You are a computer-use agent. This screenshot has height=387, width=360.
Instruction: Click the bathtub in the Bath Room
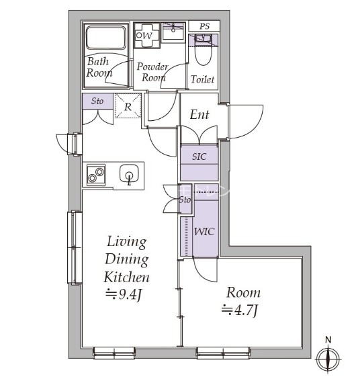pyautogui.click(x=105, y=38)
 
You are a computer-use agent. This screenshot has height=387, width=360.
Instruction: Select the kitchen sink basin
pyautogui.click(x=129, y=173)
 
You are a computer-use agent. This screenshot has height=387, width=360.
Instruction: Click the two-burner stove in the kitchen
pyautogui.click(x=96, y=175)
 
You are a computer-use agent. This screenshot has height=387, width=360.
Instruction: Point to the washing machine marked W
pyautogui.click(x=147, y=36)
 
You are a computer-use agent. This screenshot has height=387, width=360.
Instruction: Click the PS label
pyautogui.click(x=205, y=26)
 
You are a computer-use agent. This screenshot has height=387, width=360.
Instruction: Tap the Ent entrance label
pyautogui.click(x=199, y=114)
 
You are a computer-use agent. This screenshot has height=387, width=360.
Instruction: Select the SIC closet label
pyautogui.click(x=199, y=157)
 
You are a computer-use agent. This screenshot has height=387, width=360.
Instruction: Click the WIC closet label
pyautogui.click(x=204, y=232)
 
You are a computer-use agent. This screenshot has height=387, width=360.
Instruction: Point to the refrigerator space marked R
pyautogui.click(x=128, y=107)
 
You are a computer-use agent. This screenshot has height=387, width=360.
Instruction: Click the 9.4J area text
pyautogui.click(x=124, y=294)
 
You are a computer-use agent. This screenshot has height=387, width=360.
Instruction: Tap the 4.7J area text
pyautogui.click(x=240, y=310)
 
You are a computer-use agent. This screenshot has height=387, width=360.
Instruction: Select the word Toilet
pyautogui.click(x=202, y=79)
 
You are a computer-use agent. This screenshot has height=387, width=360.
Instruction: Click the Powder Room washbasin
pyautogui.click(x=173, y=31)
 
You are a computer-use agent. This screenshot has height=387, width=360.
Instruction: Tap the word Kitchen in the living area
pyautogui.click(x=126, y=277)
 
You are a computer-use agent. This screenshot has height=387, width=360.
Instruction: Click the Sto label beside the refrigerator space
pyautogui.click(x=97, y=101)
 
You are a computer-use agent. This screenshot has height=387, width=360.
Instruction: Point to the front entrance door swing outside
pyautogui.click(x=246, y=121)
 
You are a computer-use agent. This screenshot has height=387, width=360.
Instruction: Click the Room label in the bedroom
pyautogui.click(x=243, y=293)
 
